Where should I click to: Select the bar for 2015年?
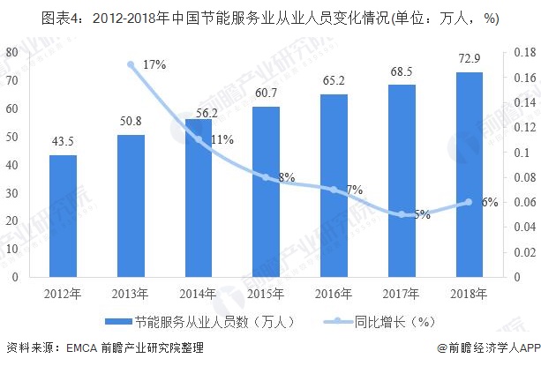(x=266, y=191)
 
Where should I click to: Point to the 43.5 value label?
(x=63, y=142)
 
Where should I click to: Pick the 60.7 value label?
(x=266, y=93)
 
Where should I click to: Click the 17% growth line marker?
(x=131, y=64)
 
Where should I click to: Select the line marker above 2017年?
(x=402, y=214)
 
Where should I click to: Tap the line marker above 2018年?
(x=470, y=202)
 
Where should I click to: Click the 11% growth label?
(x=222, y=139)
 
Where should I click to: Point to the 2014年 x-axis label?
(x=198, y=293)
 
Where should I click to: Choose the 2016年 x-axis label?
(x=334, y=293)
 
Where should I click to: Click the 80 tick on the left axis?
(x=12, y=53)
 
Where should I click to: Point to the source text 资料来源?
(x=26, y=350)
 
